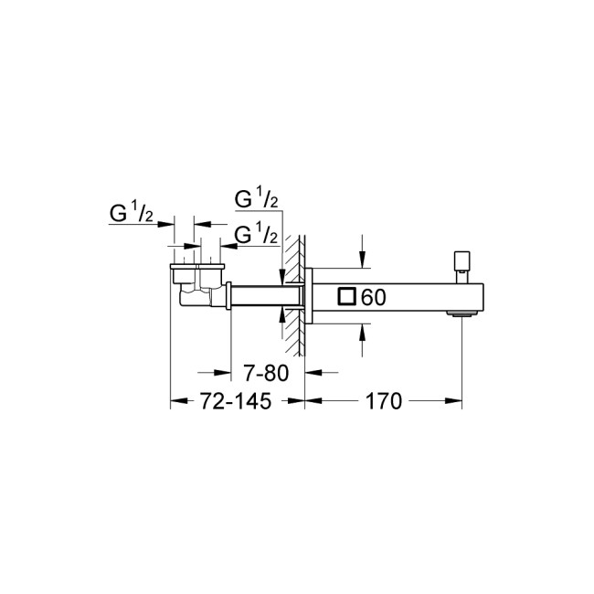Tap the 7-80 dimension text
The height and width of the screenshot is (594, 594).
point(269,374)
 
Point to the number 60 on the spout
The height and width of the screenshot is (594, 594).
point(376,297)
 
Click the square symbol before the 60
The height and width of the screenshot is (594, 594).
point(347,296)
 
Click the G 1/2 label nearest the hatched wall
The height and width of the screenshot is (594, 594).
point(256,235)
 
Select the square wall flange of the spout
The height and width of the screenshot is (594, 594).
point(311,296)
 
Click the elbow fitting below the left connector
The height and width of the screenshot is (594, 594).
point(192,295)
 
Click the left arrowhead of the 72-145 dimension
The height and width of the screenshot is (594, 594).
point(176,400)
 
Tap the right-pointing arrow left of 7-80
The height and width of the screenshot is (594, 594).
point(224,372)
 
